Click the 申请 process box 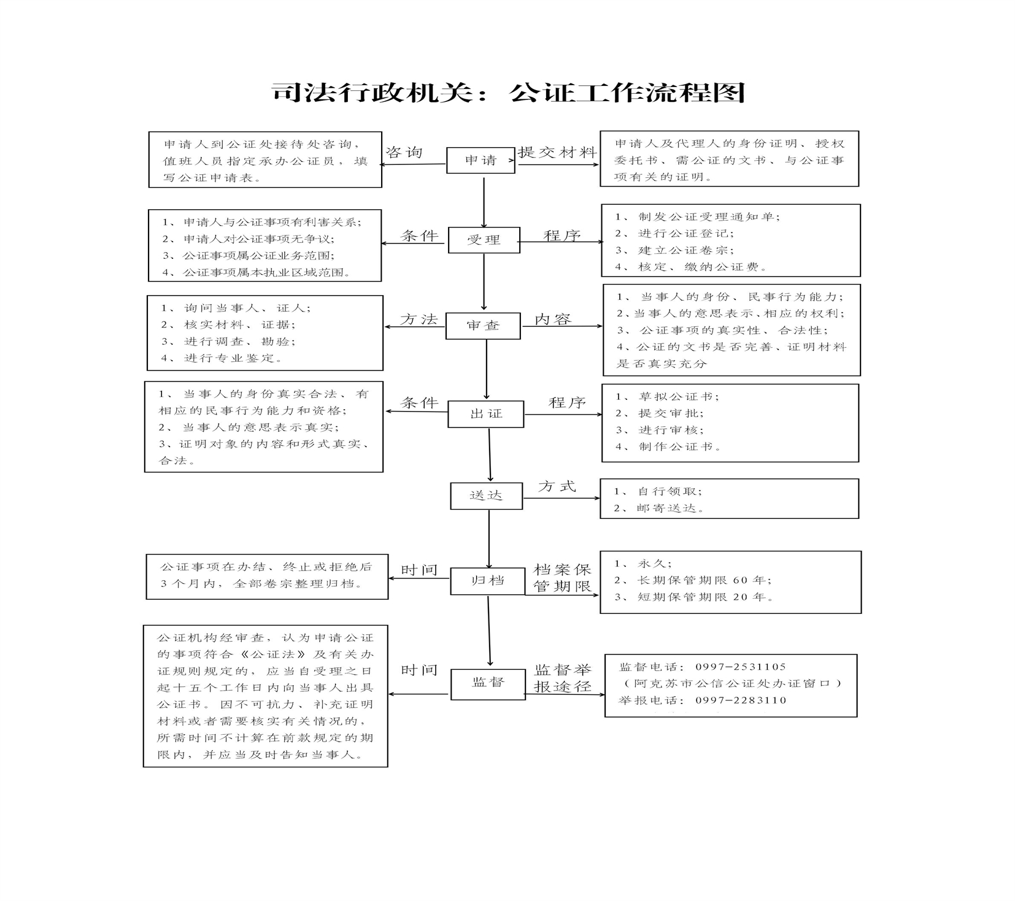point(480,160)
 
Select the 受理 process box point(484,240)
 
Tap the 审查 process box point(483,326)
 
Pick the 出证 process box point(485,414)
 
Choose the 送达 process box point(486,496)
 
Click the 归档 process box point(487,581)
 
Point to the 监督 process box point(488,684)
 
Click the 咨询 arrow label point(404,152)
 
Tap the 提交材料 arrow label point(557,152)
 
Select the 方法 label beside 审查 point(419,319)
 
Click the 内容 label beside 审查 point(553,319)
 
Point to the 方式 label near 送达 point(557,486)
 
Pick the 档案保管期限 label point(563,578)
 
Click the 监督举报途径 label point(563,678)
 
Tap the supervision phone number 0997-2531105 point(741,667)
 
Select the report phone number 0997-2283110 point(741,700)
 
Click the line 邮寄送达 point(660,508)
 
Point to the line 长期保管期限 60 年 point(693,580)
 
